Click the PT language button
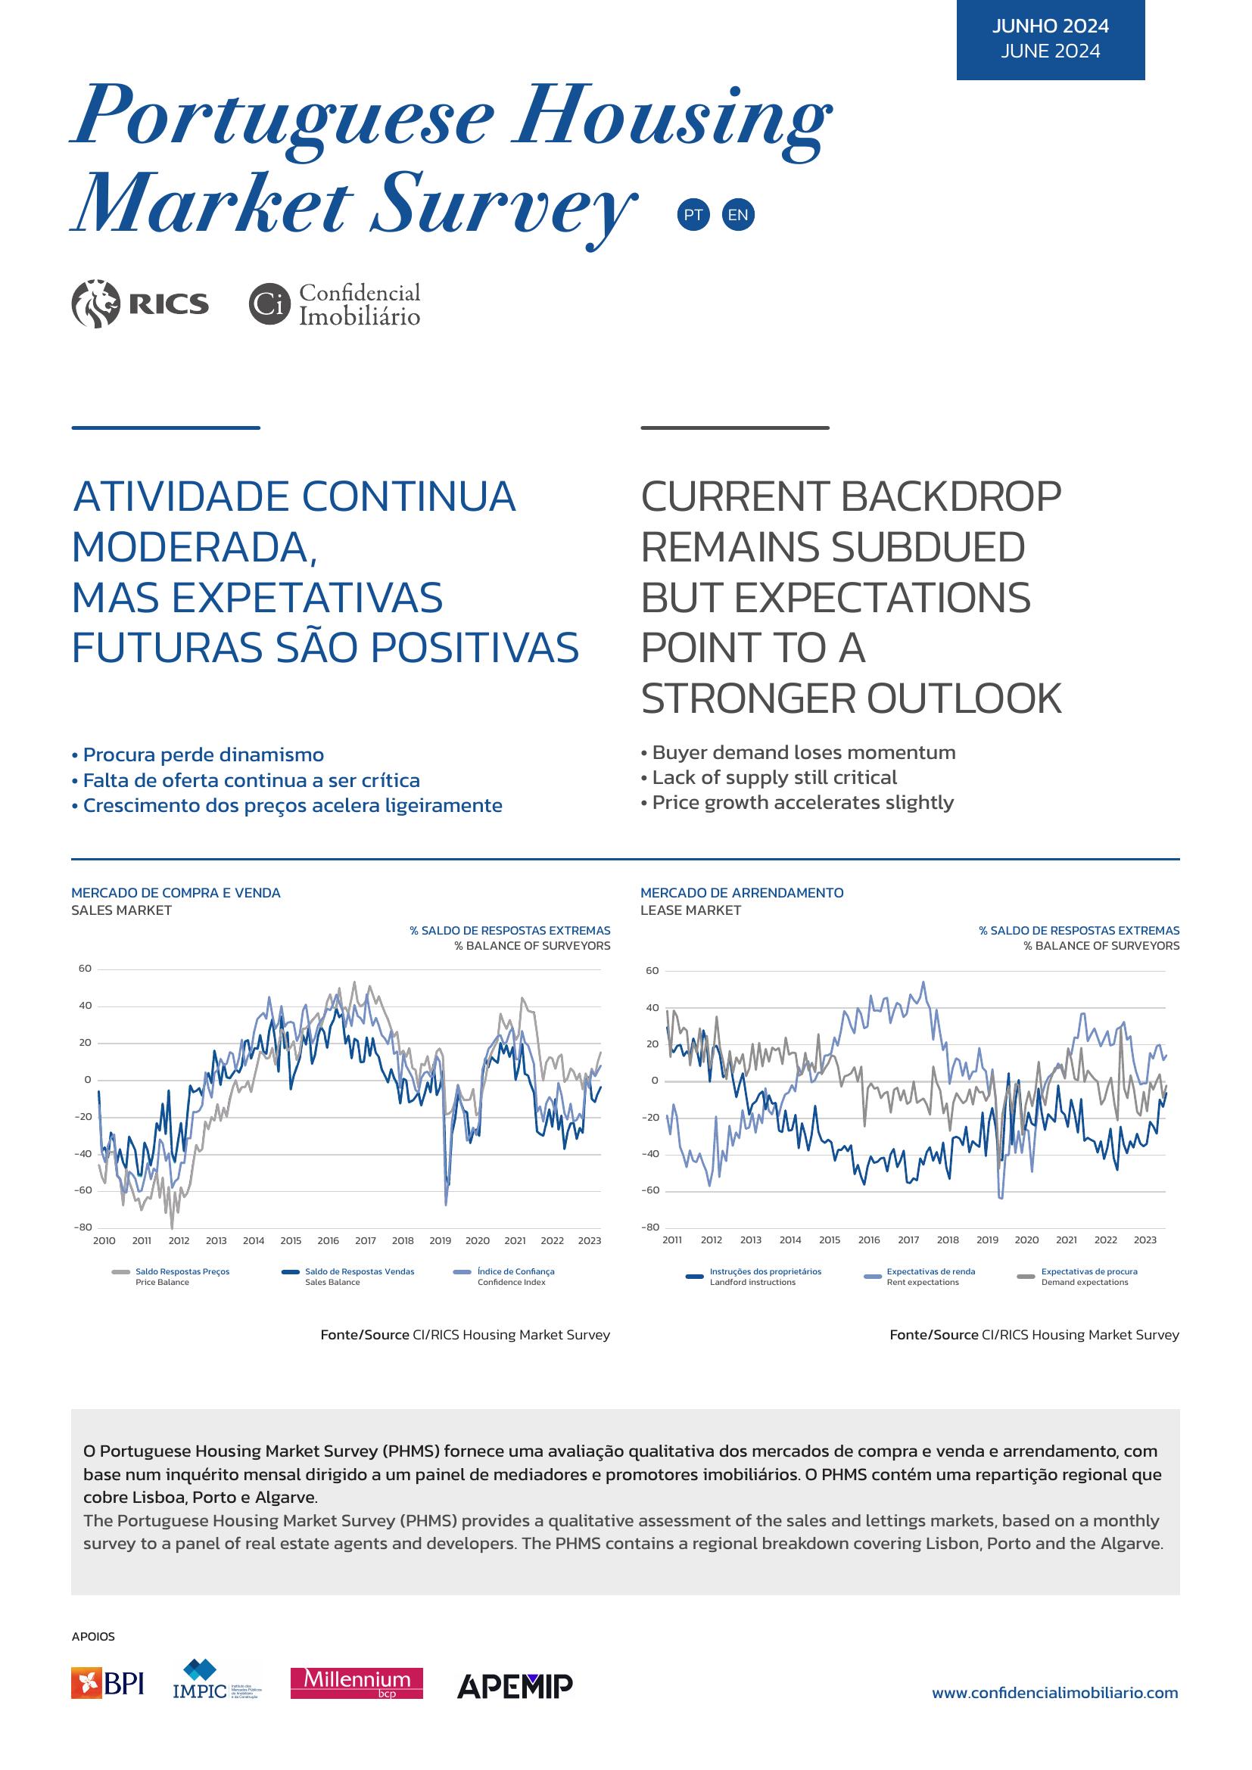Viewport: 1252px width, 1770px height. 693,214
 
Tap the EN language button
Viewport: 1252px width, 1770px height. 738,214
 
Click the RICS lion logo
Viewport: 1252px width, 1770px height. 139,303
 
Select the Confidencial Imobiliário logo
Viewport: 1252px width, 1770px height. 335,303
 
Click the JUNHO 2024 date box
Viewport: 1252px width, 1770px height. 1050,39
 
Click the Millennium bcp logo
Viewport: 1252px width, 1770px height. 357,1704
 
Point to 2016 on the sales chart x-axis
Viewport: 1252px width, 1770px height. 328,1240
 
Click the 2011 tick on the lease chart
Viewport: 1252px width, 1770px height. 671,1240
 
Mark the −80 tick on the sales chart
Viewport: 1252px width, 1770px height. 83,1227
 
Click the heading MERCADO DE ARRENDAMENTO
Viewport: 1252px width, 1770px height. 742,893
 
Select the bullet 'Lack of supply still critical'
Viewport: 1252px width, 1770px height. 768,777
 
